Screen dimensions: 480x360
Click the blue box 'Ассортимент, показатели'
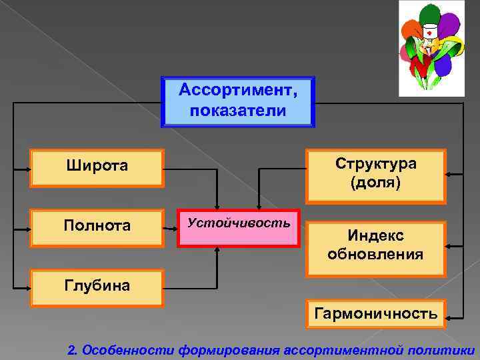[237, 101]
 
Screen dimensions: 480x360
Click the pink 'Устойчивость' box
[239, 228]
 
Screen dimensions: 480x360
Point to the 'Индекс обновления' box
[376, 245]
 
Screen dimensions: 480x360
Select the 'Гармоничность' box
[376, 313]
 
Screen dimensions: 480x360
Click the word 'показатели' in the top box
[237, 110]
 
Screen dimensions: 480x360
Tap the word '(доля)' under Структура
[376, 183]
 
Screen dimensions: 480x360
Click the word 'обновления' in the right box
[376, 254]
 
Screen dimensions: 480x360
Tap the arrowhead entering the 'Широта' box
[29, 169]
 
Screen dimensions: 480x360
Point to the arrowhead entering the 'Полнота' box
[29, 229]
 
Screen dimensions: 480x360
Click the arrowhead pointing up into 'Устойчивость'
[217, 251]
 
